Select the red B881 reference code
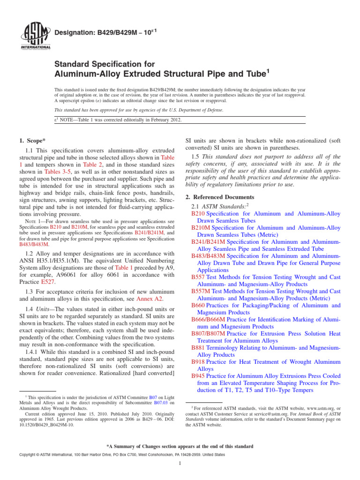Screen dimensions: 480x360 coord(199,348)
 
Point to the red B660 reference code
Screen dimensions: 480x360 coord(199,306)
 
